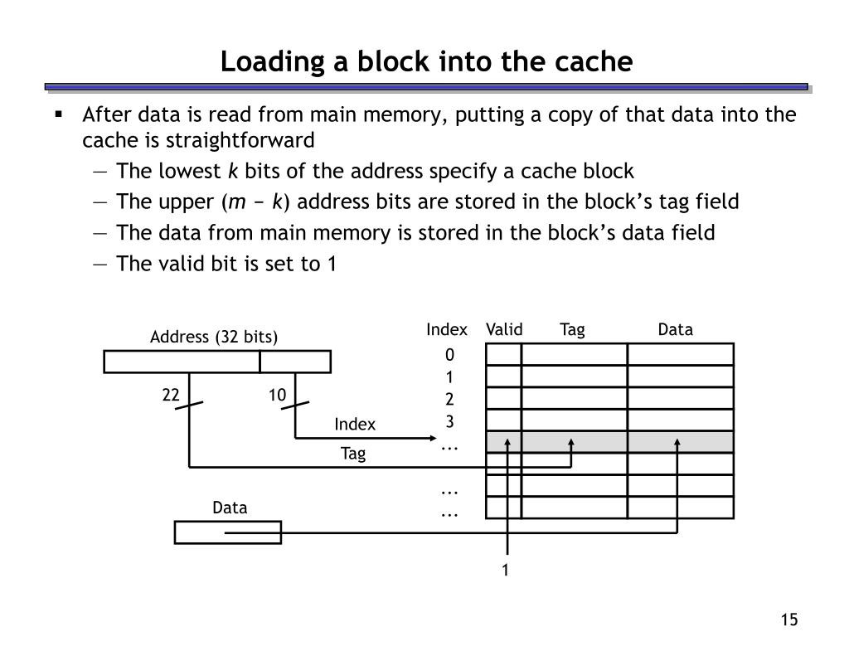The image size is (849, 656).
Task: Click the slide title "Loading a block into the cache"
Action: point(426,62)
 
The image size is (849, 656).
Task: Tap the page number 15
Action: point(788,620)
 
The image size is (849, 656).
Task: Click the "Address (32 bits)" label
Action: point(214,337)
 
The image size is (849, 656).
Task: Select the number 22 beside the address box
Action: point(171,396)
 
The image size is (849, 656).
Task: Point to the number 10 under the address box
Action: point(276,396)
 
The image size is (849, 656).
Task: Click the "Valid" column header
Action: point(504,329)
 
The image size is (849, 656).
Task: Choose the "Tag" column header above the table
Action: point(572,329)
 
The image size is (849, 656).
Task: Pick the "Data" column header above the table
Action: point(675,329)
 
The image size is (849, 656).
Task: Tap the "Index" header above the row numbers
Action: point(447,329)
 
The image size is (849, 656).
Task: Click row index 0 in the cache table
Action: point(449,355)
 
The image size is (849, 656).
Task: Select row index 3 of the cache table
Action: point(449,420)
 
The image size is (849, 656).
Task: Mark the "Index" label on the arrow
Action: point(355,425)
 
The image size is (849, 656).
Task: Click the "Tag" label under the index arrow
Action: point(353,454)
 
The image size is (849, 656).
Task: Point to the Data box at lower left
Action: point(227,532)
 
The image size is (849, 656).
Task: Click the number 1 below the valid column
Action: point(504,570)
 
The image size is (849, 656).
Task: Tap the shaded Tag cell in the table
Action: point(574,442)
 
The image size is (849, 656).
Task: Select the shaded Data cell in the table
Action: point(680,442)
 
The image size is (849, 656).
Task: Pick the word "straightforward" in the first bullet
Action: point(199,139)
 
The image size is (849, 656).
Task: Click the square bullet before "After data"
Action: point(59,114)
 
